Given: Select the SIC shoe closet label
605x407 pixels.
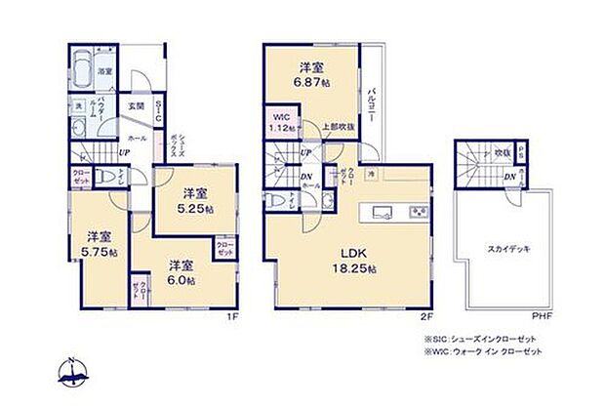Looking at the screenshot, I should tap(158, 110).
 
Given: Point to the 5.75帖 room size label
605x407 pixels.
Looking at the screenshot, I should tap(98, 244).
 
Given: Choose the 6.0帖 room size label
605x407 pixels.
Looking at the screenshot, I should tap(179, 272).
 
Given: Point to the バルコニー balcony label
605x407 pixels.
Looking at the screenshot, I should tap(372, 104).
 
